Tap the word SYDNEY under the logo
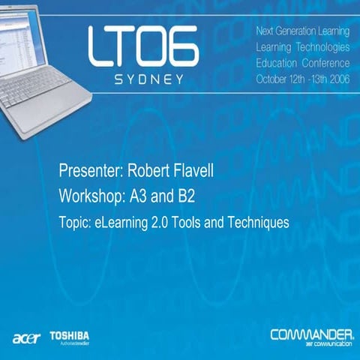(143, 79)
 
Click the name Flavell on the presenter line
(193, 173)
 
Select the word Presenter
(89, 173)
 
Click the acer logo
(25, 337)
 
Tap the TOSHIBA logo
(70, 334)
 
